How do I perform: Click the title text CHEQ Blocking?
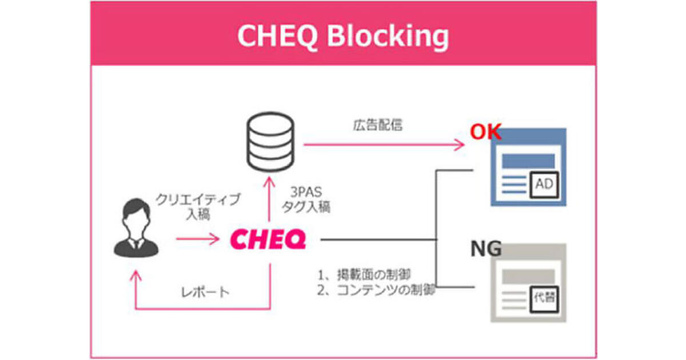pyautogui.click(x=343, y=36)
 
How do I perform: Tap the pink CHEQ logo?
pyautogui.click(x=268, y=239)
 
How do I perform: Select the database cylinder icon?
pyautogui.click(x=268, y=142)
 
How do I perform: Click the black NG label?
pyautogui.click(x=486, y=249)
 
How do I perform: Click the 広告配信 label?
pyautogui.click(x=377, y=125)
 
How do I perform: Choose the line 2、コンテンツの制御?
pyautogui.click(x=377, y=290)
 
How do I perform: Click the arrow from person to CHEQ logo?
pyautogui.click(x=197, y=239)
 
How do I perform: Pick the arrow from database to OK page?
pyautogui.click(x=383, y=145)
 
